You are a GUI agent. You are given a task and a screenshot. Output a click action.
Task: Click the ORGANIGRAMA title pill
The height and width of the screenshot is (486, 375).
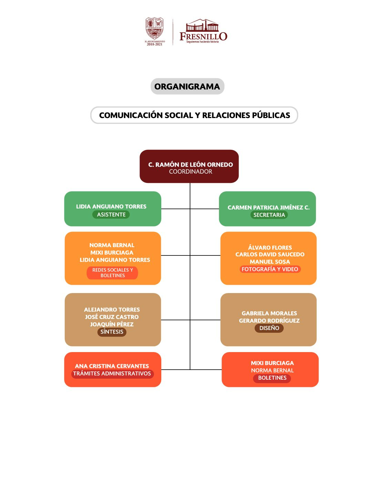point(187,86)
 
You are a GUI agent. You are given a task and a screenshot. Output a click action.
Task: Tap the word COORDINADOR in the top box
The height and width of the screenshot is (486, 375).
point(190,172)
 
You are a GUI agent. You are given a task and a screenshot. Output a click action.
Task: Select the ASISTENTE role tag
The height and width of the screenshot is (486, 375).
point(111,214)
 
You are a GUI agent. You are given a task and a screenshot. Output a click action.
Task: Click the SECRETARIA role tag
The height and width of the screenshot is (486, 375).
point(269,215)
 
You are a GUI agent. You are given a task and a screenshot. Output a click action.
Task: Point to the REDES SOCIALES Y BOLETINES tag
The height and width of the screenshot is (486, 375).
point(112,273)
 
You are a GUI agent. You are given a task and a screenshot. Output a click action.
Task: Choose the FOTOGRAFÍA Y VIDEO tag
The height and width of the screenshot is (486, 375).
point(270,269)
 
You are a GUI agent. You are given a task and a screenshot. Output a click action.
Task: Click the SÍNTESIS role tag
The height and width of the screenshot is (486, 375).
point(112,332)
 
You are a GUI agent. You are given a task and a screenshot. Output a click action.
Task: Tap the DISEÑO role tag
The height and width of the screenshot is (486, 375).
point(269,328)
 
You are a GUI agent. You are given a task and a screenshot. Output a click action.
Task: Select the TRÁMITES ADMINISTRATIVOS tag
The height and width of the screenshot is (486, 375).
point(112,373)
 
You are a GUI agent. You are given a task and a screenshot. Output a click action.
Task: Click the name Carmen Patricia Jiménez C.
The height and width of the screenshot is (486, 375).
point(268,207)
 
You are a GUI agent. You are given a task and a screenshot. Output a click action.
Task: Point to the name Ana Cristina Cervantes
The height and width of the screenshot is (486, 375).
point(112,366)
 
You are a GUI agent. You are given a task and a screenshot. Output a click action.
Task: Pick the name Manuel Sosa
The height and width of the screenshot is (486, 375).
point(270,262)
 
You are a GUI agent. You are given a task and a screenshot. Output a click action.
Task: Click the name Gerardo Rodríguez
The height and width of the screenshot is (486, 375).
point(269,321)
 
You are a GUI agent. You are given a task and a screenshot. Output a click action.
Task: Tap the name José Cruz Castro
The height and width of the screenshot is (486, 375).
point(112,317)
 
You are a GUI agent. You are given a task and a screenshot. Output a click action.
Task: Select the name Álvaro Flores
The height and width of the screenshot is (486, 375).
point(270,247)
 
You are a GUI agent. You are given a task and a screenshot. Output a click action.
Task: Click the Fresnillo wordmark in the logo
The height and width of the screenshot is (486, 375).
point(203,36)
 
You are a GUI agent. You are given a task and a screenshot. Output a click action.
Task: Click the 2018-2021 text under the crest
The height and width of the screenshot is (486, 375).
point(154,45)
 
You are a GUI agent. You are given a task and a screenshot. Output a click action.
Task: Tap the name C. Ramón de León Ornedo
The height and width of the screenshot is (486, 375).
point(190,165)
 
